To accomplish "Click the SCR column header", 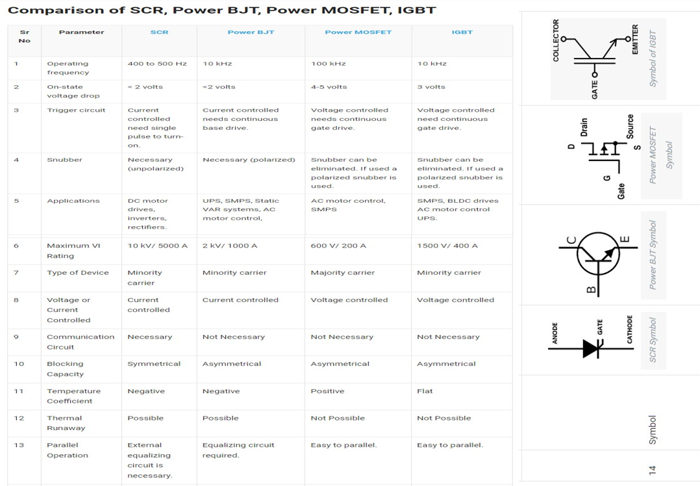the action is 159,32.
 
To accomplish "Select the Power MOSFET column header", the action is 358,32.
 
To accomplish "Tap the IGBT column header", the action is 462,32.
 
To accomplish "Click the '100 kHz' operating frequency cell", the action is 329,64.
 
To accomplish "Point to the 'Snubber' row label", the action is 65,160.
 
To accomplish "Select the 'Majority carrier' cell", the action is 343,272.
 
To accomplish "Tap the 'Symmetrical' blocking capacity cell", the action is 154,364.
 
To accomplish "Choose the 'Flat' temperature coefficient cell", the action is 425,391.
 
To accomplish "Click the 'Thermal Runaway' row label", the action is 66,423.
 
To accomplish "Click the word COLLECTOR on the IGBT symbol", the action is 556,40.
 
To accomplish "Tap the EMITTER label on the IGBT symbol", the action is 635,39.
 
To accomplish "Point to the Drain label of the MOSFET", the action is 584,127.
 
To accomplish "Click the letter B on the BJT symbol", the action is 591,290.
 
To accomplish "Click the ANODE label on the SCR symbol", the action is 555,333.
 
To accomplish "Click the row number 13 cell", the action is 19,445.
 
